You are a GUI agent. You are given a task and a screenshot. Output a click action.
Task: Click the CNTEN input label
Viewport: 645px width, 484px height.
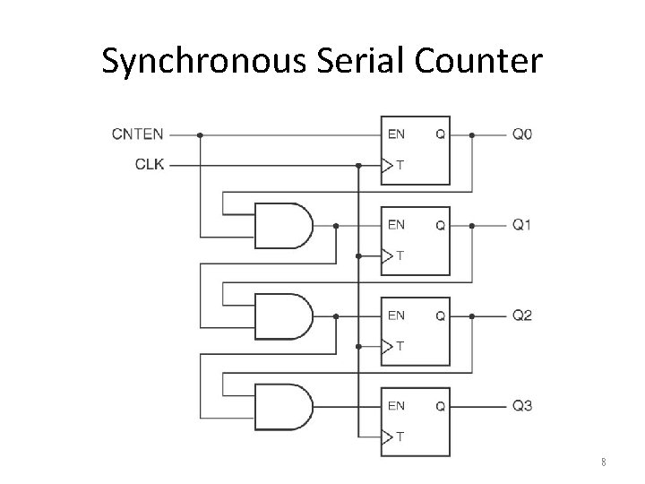coord(137,135)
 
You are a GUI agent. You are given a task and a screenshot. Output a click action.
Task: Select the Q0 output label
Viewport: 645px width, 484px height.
coord(522,135)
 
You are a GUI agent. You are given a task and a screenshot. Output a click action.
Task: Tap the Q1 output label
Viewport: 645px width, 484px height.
coord(522,225)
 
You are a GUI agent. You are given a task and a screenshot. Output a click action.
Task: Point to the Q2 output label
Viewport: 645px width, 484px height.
coord(522,315)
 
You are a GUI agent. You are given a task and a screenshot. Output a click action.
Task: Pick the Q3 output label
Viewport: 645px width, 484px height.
coord(522,406)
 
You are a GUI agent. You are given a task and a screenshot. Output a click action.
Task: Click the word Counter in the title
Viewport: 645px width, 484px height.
coord(477,61)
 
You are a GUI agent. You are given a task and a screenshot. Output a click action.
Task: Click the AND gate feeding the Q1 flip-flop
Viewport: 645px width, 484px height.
coord(283,225)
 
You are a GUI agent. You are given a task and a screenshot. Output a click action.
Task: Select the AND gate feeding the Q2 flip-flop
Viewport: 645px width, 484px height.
coord(283,315)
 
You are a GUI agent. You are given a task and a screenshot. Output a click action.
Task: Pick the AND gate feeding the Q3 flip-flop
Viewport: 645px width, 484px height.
coord(283,406)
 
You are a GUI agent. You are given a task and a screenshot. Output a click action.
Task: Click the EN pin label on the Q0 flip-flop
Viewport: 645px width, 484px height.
coord(396,135)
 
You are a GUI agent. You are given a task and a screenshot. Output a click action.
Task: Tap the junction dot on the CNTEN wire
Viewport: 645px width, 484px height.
coord(200,135)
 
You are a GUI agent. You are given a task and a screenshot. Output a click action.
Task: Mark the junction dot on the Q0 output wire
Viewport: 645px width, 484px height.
coord(474,135)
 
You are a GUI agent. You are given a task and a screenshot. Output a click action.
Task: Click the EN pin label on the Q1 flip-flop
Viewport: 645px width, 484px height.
coord(396,225)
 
